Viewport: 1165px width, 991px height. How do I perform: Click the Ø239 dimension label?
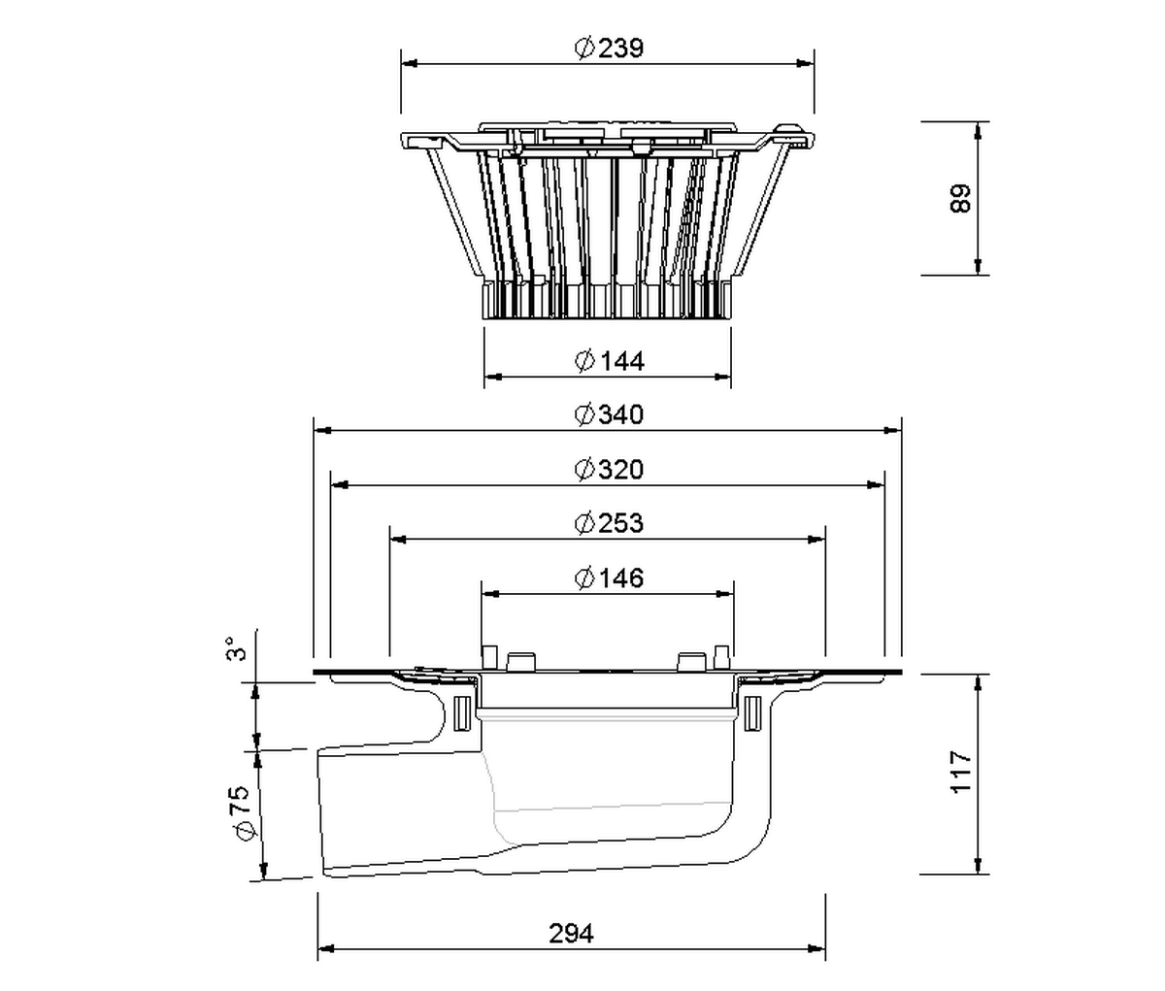(610, 48)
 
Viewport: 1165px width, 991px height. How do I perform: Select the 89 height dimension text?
(961, 198)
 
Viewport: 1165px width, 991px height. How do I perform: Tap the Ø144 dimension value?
(610, 361)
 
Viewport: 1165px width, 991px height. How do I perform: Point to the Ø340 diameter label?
(610, 414)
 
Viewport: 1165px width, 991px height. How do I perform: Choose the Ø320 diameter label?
(610, 470)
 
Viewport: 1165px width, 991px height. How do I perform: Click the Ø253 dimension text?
(610, 523)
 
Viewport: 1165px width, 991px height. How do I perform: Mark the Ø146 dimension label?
(610, 578)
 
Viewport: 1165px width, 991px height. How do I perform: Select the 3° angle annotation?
(237, 648)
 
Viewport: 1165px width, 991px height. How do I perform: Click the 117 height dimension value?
(961, 773)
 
